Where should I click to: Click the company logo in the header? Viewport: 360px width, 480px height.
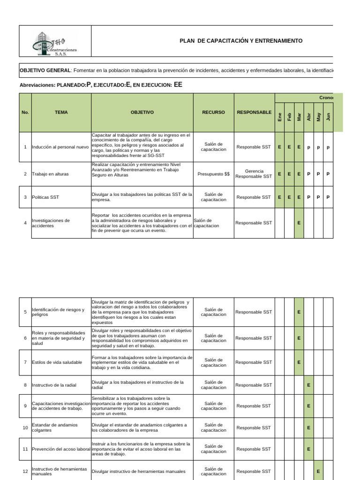pos(54,44)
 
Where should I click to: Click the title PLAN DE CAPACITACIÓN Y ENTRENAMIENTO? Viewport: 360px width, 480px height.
pos(241,41)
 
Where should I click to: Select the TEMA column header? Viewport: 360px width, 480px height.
pos(61,112)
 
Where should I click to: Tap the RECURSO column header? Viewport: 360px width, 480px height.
pos(213,112)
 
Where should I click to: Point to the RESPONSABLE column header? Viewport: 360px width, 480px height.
pos(254,112)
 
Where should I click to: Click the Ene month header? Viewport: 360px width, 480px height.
pos(280,117)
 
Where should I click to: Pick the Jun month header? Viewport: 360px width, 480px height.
pos(328,117)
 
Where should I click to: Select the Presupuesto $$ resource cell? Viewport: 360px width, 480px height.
pos(214,174)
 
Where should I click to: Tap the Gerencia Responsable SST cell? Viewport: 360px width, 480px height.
pos(254,174)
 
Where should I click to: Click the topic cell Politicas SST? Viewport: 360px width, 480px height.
pos(45,197)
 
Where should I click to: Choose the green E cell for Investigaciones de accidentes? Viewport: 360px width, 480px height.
pos(299,223)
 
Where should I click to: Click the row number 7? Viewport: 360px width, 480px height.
pos(25,362)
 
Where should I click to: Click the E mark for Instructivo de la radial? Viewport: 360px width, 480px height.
pos(308,385)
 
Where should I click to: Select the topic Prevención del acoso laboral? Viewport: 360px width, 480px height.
pos(61,449)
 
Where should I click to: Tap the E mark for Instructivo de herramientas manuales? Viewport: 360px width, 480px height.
pos(318,471)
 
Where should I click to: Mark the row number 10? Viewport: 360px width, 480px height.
pos(25,427)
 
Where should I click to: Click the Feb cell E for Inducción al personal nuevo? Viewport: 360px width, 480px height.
pos(289,147)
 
